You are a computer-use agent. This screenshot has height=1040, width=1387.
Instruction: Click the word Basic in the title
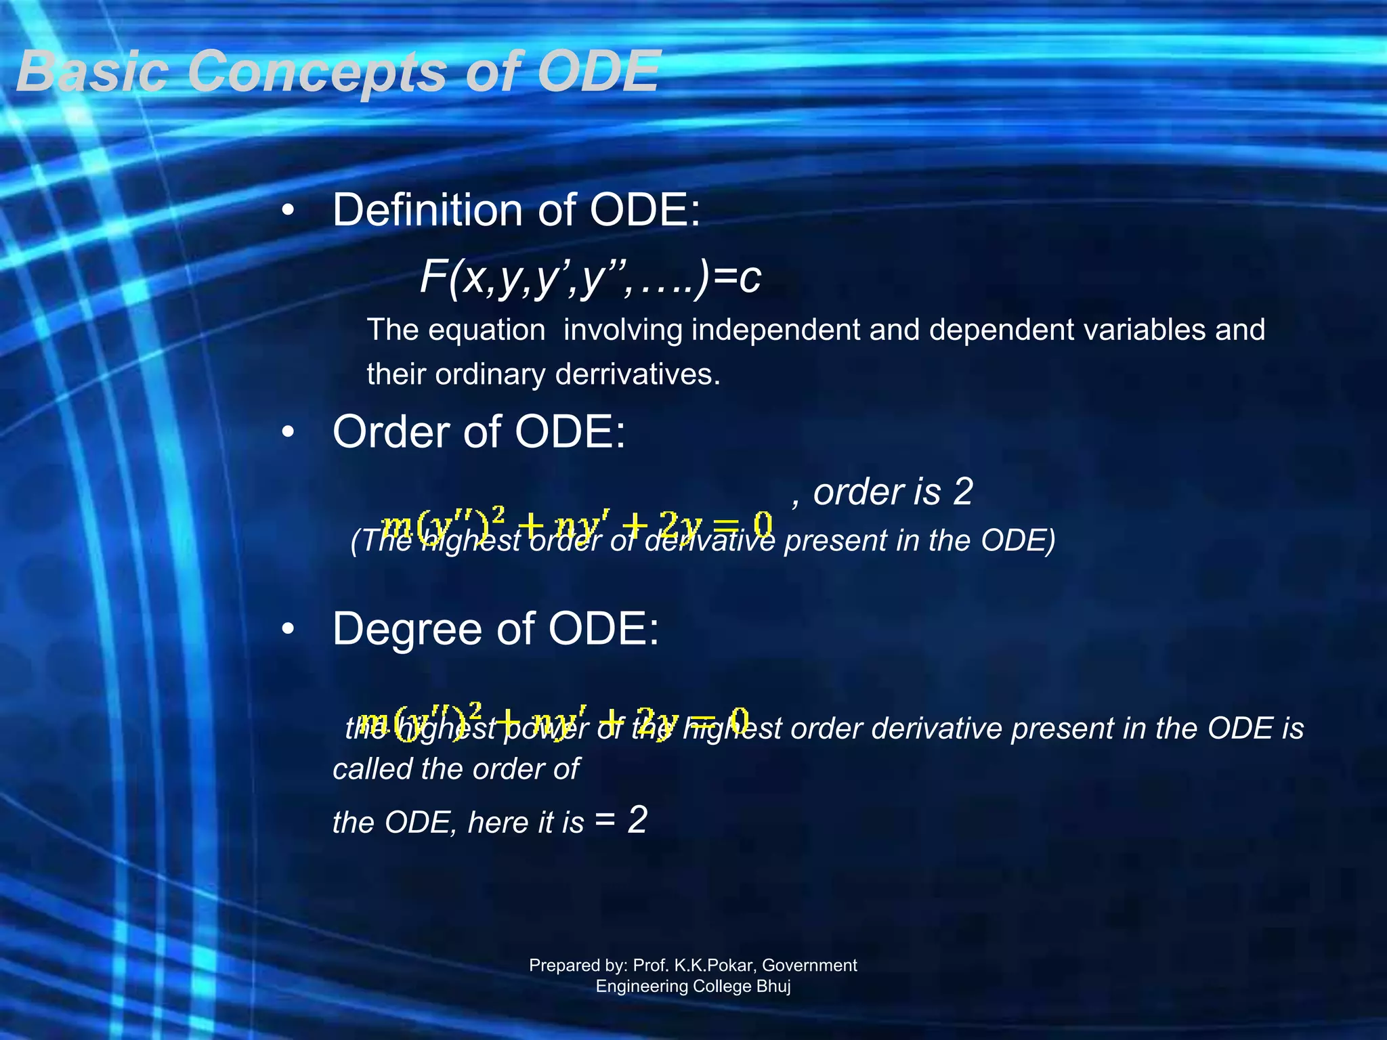(92, 72)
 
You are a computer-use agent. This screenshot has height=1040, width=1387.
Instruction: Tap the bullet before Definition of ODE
(289, 211)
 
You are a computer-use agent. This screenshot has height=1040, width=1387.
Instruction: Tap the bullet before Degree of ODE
(289, 629)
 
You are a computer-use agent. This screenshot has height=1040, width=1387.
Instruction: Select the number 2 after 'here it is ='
(637, 820)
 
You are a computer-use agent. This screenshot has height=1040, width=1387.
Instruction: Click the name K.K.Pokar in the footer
(711, 965)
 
